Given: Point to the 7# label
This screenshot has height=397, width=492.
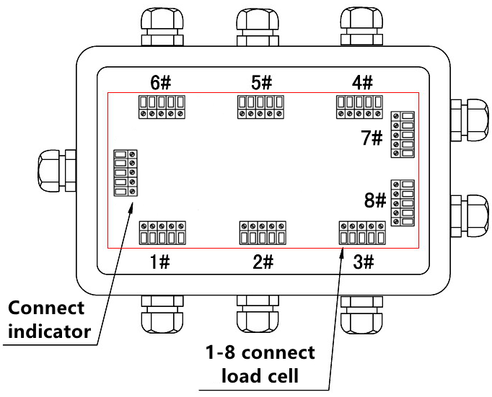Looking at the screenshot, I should tap(372, 138).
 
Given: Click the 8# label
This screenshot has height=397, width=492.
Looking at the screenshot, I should tap(376, 200).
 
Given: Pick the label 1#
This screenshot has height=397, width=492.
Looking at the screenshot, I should tap(160, 262).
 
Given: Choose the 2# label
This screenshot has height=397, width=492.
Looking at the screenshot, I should tap(263, 262).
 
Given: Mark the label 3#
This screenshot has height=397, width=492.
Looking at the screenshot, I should tap(363, 262).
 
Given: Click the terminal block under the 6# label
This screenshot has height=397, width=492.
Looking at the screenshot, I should tap(161, 107).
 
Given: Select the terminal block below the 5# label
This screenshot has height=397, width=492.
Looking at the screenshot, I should tap(260, 107).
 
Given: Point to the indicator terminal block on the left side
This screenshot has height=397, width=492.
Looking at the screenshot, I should tap(126, 173).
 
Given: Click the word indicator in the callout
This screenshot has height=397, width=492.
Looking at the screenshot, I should tap(50, 331).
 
